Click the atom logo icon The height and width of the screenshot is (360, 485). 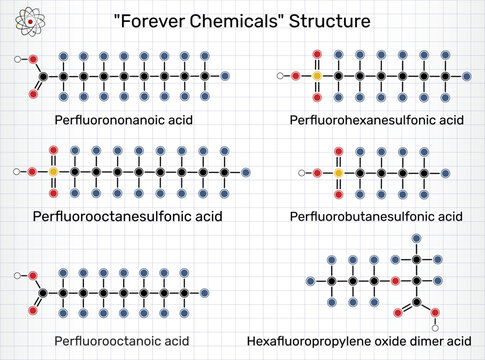[23, 22]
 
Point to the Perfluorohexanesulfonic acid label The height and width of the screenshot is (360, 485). [376, 121]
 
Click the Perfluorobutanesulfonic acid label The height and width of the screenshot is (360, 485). [376, 216]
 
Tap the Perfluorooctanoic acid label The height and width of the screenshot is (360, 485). [122, 340]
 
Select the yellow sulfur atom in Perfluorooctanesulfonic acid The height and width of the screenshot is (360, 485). [53, 171]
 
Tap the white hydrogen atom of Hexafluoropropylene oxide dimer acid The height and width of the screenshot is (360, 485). [435, 326]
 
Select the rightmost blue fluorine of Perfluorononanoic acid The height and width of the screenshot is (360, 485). [228, 76]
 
